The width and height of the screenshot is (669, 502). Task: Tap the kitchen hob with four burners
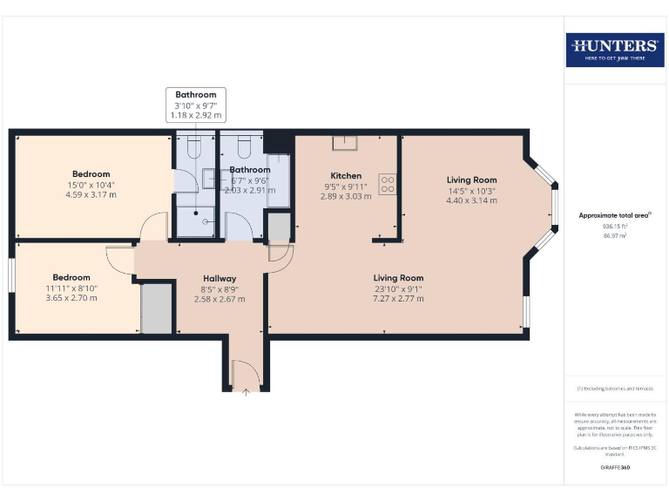387,185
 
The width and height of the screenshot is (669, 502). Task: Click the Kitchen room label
346,175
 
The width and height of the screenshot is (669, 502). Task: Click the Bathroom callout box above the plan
196,104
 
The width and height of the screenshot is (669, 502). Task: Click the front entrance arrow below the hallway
246,392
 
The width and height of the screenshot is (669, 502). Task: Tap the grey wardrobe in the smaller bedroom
157,307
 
